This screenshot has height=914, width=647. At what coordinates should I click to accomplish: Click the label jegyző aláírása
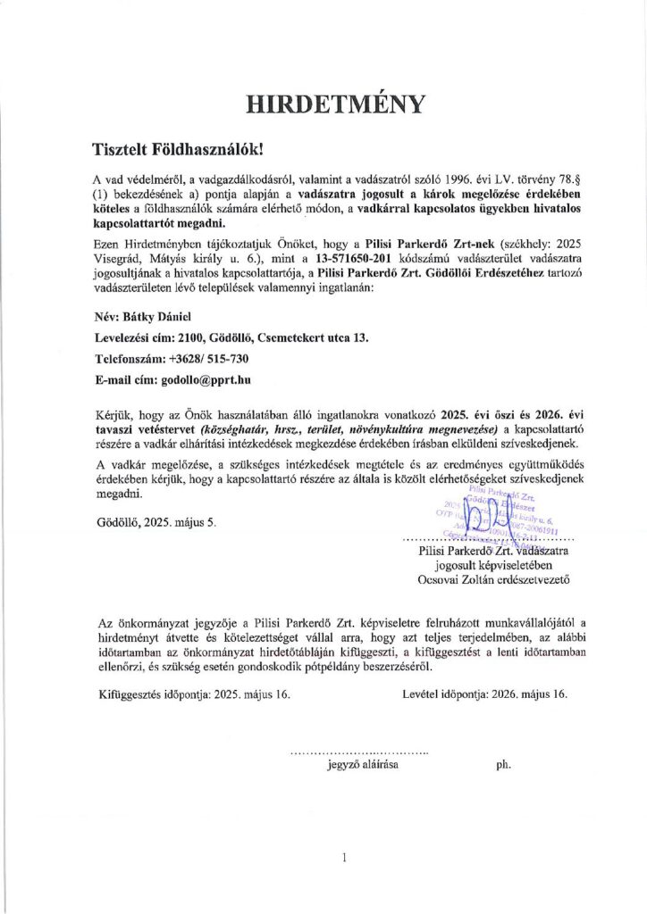click(x=363, y=765)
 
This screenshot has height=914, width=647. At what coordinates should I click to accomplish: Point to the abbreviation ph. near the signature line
click(x=502, y=765)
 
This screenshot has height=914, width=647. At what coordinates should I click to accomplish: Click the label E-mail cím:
click(x=126, y=379)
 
